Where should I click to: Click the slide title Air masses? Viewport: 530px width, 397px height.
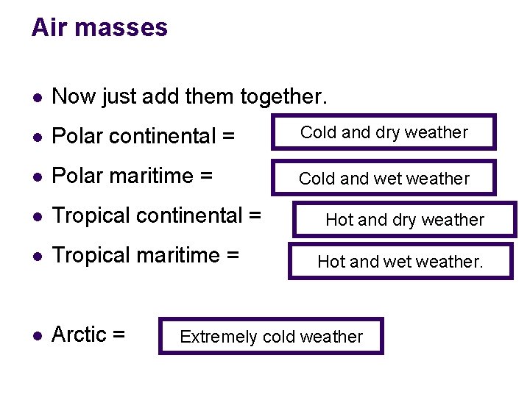(x=99, y=28)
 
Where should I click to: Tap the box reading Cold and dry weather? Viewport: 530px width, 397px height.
(x=384, y=132)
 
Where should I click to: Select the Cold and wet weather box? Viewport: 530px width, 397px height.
(x=384, y=178)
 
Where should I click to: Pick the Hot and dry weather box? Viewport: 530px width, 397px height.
(x=404, y=219)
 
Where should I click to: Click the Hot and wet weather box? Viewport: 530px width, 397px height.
(x=400, y=260)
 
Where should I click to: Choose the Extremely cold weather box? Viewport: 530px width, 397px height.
(x=271, y=337)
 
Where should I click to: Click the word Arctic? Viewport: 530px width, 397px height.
(x=79, y=335)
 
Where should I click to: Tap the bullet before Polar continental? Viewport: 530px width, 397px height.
(x=38, y=137)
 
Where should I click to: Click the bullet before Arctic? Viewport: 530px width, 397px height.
(x=38, y=335)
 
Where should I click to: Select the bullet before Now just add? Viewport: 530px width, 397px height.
(x=38, y=97)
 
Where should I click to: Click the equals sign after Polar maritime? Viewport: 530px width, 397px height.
(x=206, y=176)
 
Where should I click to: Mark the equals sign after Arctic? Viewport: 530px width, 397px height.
(x=119, y=335)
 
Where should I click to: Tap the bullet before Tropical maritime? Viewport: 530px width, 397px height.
(x=38, y=256)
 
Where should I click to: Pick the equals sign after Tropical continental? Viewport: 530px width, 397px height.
(x=255, y=216)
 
